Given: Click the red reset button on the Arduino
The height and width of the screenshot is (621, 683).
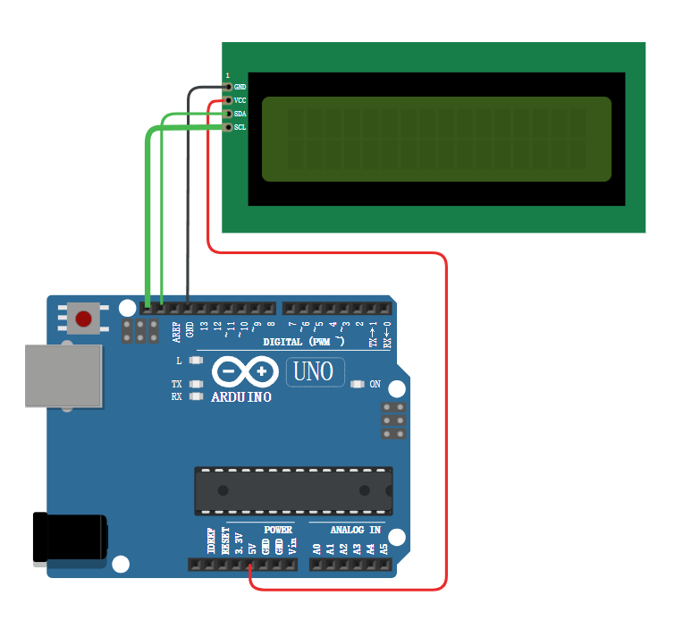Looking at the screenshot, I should tap(84, 319).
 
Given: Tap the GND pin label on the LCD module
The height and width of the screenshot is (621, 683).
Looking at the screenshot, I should tap(240, 87).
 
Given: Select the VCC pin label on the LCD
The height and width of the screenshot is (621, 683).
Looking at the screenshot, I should tap(240, 100).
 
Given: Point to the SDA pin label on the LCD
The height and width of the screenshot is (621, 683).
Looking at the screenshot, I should tap(240, 114).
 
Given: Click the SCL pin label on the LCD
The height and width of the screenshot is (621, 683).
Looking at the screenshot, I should tap(240, 127).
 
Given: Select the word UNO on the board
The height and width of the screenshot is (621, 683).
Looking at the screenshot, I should tap(315, 371).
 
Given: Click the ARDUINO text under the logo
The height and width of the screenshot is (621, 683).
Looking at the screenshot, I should tap(241, 396).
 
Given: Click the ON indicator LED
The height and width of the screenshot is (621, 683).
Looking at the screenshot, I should tap(358, 385).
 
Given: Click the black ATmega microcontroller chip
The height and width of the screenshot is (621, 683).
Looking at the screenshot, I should tap(293, 490).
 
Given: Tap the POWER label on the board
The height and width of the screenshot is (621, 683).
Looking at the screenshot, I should tap(278, 530).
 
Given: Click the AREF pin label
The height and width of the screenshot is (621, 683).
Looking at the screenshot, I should tap(176, 332).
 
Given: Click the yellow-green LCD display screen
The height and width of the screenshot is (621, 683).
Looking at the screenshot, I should tap(436, 139).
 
